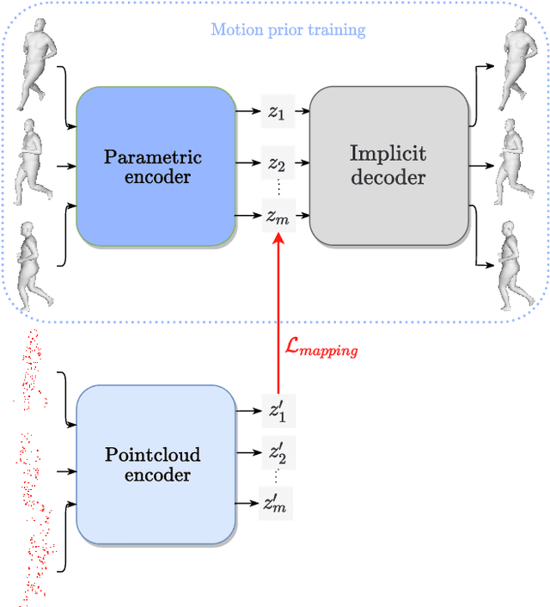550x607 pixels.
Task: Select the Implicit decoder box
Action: tap(388, 165)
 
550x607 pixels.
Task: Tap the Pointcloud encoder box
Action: tap(156, 464)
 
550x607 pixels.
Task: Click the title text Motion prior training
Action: tap(288, 30)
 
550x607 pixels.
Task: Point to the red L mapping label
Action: tap(321, 349)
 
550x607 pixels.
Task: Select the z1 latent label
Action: tap(277, 113)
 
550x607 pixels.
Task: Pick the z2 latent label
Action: tap(277, 163)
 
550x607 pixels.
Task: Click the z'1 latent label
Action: tap(277, 411)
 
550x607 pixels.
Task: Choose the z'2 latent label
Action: tap(277, 451)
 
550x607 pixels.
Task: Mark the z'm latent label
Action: tap(277, 502)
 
